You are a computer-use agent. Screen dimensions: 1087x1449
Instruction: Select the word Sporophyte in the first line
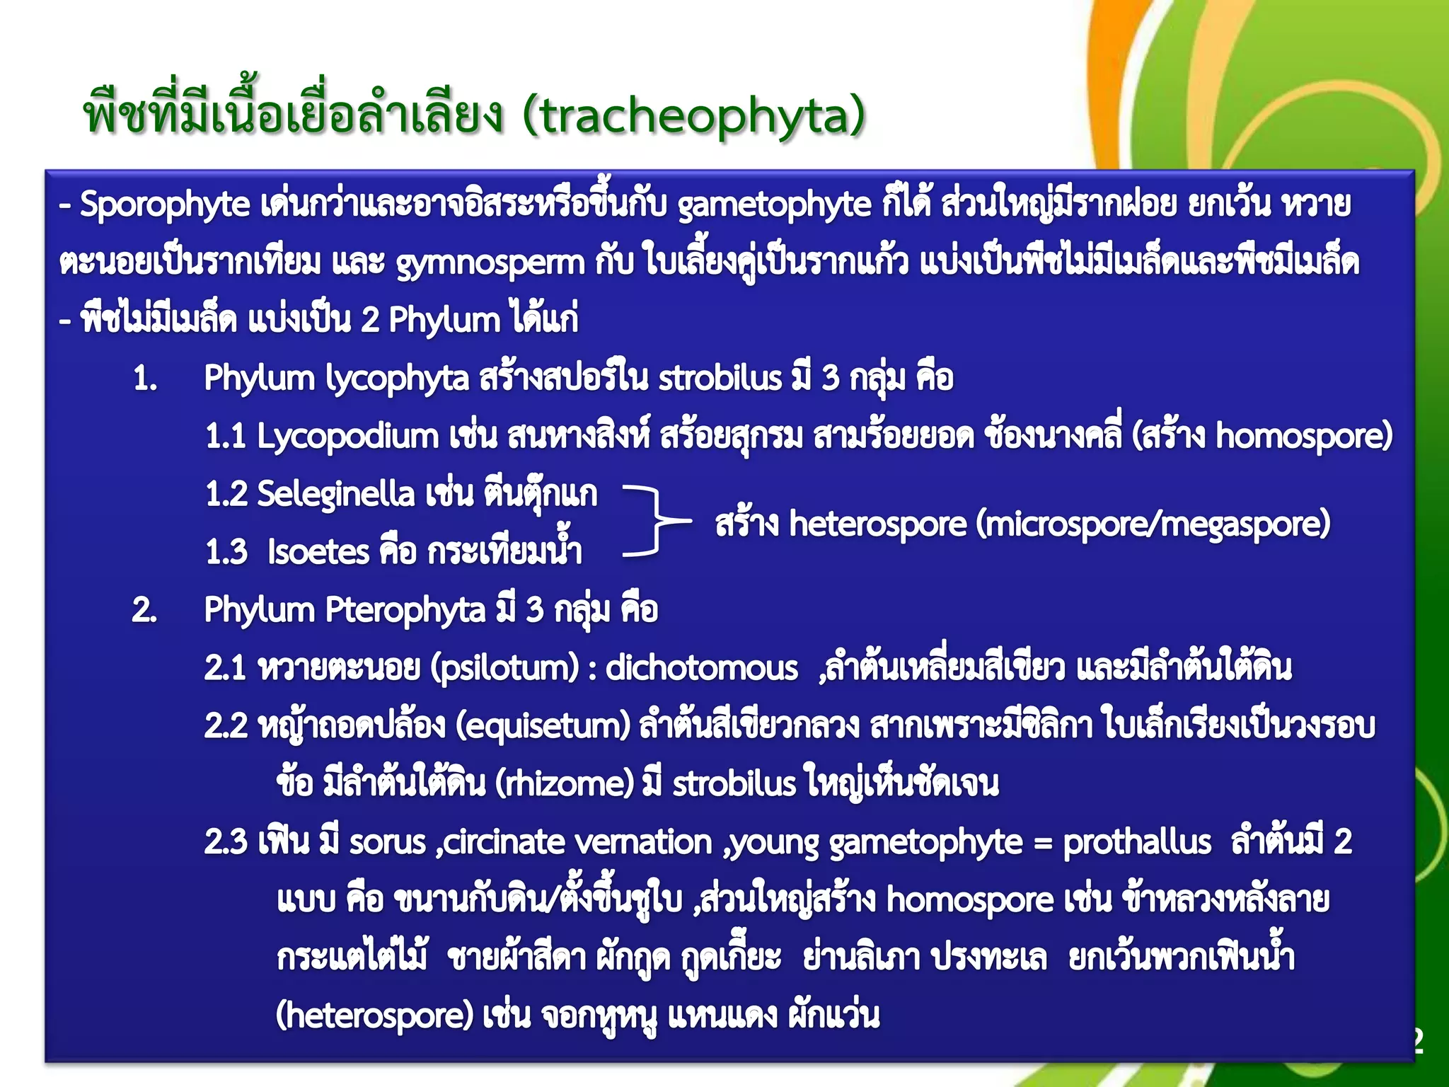tap(164, 205)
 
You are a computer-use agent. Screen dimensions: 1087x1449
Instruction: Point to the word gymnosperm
tap(490, 263)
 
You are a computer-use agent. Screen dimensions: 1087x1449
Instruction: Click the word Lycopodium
tap(347, 437)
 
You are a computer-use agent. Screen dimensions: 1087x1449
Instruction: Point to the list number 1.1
tap(226, 437)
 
